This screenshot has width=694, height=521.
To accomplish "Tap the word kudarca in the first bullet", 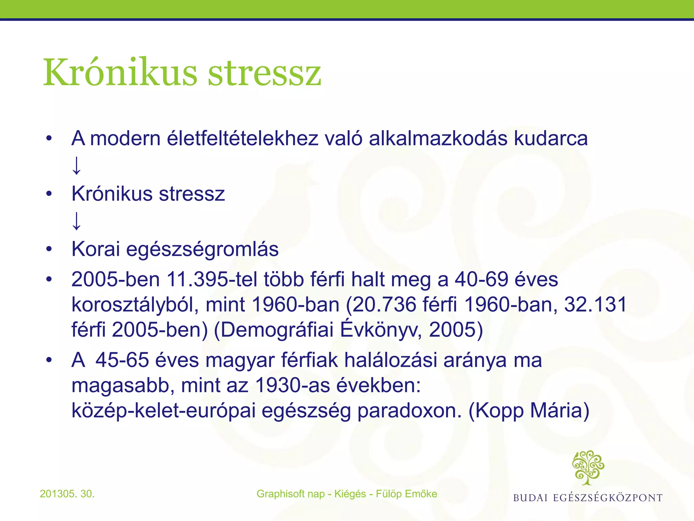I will pos(551,139).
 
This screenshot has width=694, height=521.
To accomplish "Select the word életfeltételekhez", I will pos(243,139).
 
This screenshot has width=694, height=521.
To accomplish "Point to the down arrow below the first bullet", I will pos(77,165).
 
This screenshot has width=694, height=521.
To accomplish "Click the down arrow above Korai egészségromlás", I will pos(77,221).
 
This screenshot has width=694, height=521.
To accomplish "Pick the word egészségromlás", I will pos(202,250).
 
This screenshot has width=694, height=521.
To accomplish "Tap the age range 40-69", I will pos(481,280).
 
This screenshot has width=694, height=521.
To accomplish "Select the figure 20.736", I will pos(384,304).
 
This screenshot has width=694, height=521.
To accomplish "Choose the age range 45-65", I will pos(122,360).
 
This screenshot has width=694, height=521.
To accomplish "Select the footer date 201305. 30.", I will pos(67,494).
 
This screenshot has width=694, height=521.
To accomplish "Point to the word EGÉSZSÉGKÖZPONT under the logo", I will pos(608,498).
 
